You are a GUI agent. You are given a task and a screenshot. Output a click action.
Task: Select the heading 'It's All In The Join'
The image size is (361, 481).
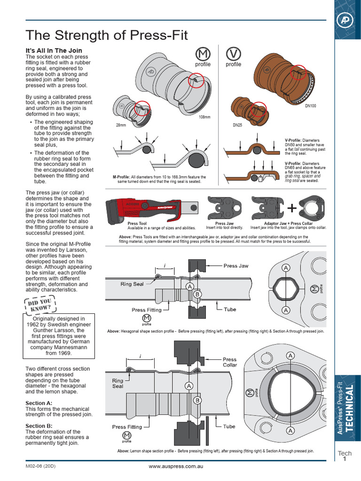click(54, 50)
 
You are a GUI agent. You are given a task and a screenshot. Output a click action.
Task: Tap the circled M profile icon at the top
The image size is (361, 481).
click(203, 53)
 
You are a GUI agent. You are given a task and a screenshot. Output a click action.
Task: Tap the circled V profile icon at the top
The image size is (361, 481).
click(233, 53)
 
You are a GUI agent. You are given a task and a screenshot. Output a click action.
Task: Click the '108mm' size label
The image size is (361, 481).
click(205, 117)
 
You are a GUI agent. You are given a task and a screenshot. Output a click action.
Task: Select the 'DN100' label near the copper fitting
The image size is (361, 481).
click(310, 106)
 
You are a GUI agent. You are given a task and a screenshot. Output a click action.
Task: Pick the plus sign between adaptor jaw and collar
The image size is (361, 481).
click(291, 208)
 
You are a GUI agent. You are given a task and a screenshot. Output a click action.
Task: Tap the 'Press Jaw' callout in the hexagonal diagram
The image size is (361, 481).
click(236, 266)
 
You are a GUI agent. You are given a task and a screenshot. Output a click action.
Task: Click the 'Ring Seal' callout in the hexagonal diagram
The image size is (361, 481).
click(132, 284)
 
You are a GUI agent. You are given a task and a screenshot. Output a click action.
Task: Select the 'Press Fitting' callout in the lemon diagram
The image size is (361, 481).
click(127, 427)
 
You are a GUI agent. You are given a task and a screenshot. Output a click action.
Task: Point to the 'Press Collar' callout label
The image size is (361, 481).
click(230, 362)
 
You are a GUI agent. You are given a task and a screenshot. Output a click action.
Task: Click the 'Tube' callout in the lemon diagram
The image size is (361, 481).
click(229, 427)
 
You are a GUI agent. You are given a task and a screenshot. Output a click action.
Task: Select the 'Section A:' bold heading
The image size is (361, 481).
click(39, 403)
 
